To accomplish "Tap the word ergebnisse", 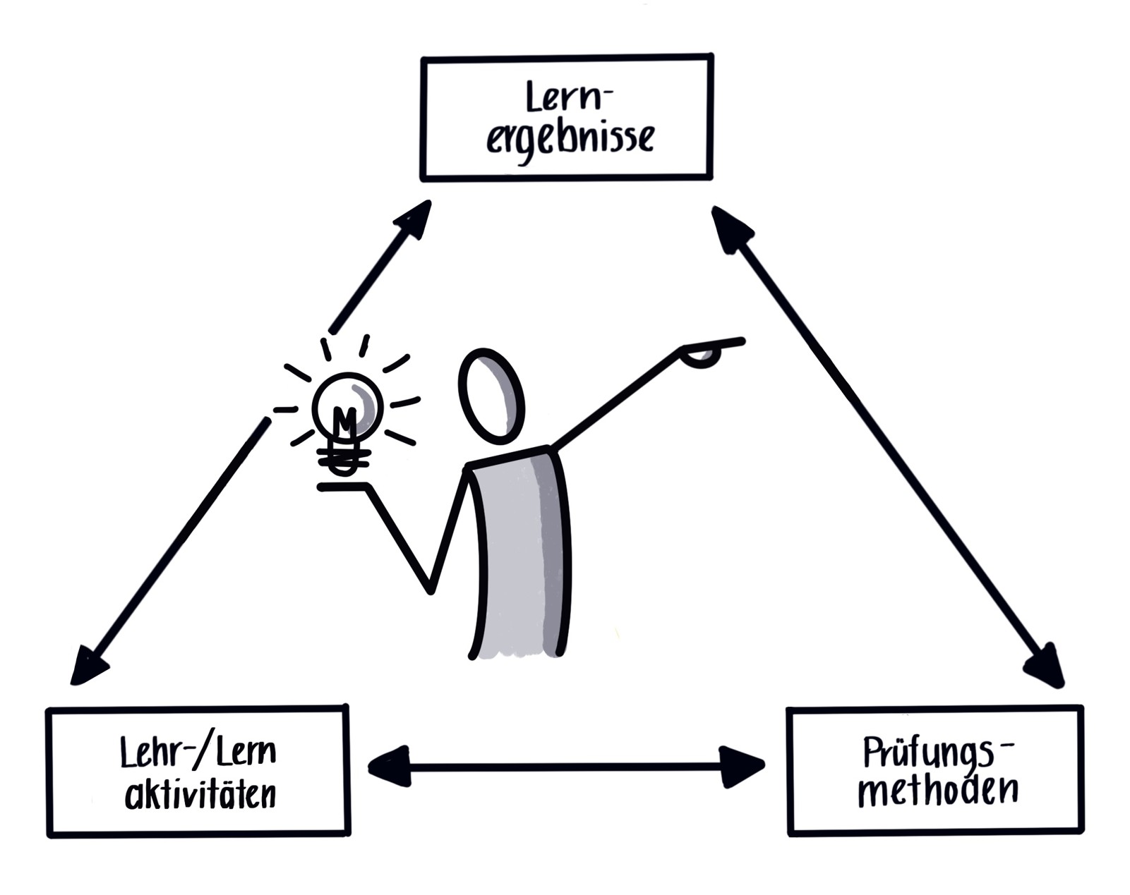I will click(x=570, y=139).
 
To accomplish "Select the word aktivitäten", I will click(x=200, y=795).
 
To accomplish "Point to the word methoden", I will click(x=938, y=791).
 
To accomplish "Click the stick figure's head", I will click(x=491, y=396).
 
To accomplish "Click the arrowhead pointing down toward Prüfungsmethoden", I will click(x=1045, y=663).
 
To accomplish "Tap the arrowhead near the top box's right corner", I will click(x=731, y=227).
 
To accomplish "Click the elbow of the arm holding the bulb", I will click(x=430, y=589).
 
